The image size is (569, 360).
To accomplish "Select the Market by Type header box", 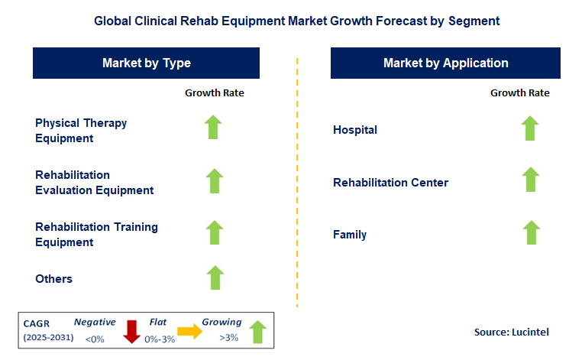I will click(147, 63).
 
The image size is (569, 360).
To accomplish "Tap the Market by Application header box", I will click(445, 63).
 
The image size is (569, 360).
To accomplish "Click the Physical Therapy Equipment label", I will click(81, 131).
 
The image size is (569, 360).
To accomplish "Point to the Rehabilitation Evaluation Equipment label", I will click(94, 183).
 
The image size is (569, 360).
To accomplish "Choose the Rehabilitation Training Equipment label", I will click(96, 235).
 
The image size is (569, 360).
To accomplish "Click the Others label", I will click(54, 279).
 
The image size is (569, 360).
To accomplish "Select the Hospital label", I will click(355, 130).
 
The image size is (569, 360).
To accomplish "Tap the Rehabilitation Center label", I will click(390, 183).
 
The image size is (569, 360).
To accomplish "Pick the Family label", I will click(350, 235).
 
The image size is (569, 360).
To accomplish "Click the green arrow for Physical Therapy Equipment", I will click(215, 128).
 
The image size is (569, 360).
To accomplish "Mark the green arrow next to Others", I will click(215, 277).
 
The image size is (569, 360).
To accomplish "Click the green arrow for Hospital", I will click(530, 128).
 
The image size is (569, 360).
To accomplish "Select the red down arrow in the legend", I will click(132, 331).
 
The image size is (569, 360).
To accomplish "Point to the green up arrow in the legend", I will click(257, 331).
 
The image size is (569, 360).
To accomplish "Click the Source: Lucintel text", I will click(510, 332).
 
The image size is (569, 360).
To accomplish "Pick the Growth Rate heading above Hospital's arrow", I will click(519, 92).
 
